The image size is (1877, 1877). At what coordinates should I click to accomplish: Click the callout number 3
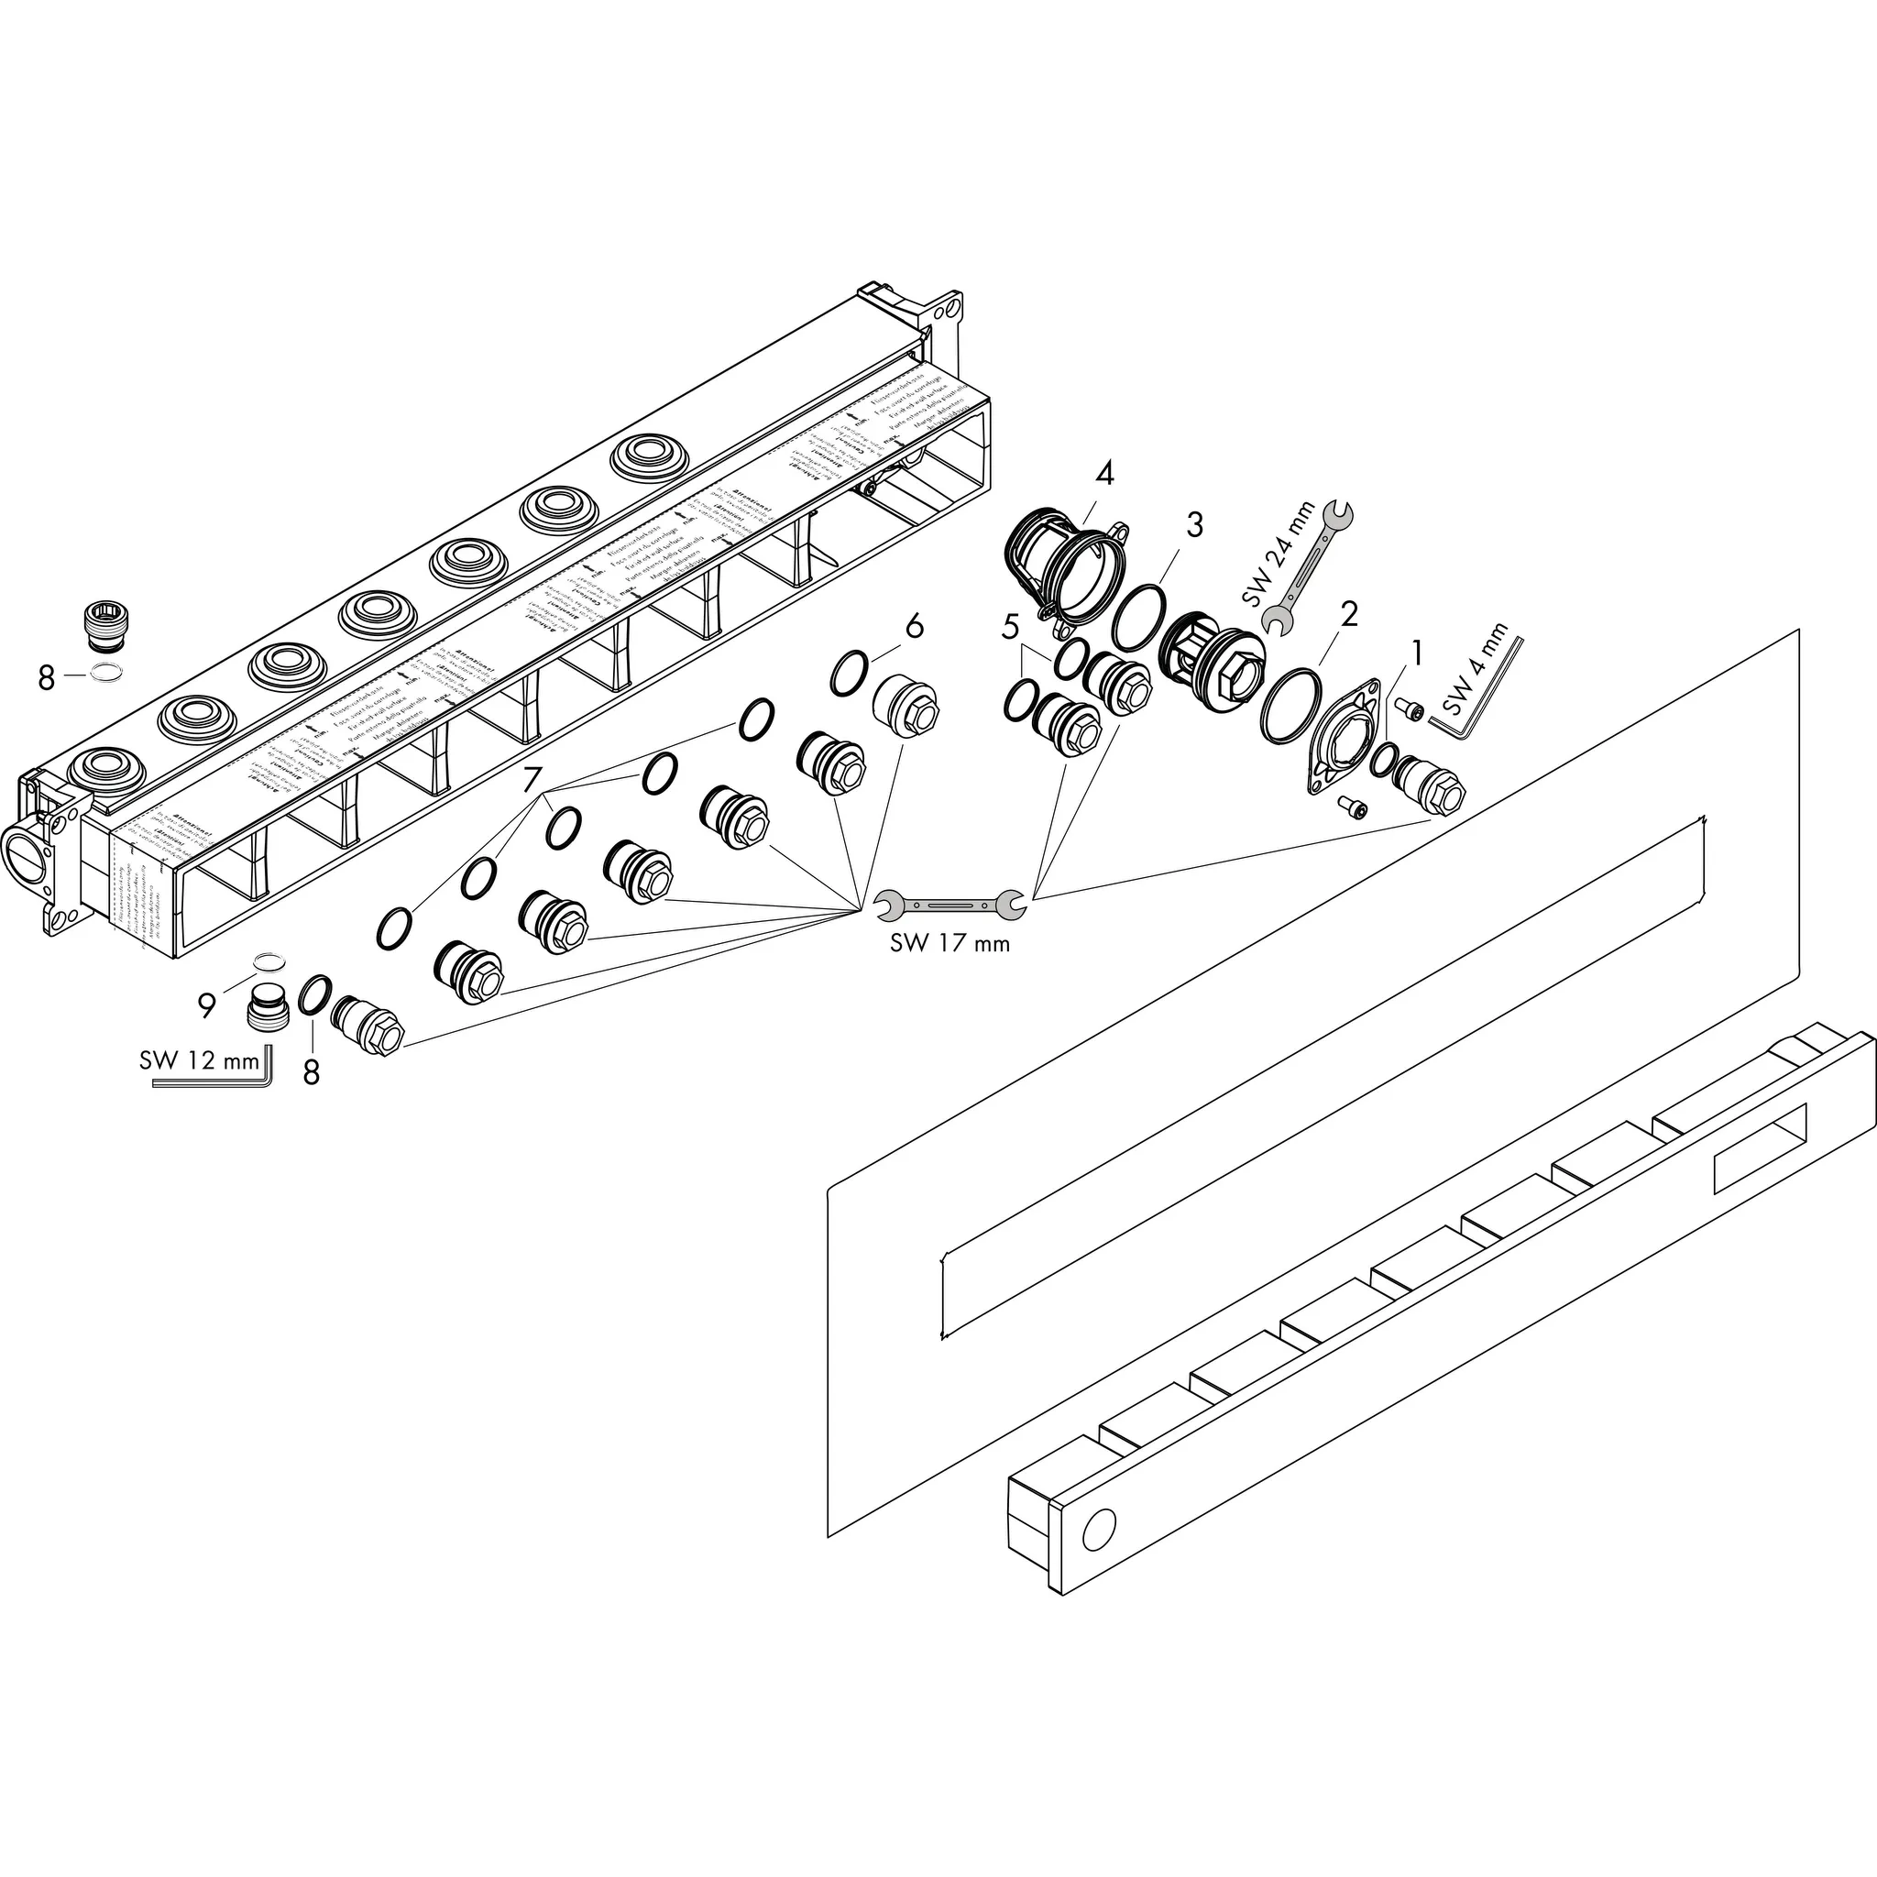tap(1194, 525)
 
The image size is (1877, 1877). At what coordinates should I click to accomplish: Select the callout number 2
tap(1347, 614)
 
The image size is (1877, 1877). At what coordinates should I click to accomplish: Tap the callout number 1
tap(1417, 653)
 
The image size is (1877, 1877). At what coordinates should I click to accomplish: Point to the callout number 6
tap(913, 627)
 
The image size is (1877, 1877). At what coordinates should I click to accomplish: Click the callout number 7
tap(531, 780)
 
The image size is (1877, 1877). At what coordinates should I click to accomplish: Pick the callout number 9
tap(206, 1006)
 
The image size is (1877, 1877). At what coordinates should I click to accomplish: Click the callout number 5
tap(1010, 628)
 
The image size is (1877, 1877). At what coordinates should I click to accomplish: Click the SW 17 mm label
tap(949, 943)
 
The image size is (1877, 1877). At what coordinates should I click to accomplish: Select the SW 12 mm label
tap(199, 1060)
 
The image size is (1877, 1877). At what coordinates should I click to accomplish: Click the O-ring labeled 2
tap(1291, 706)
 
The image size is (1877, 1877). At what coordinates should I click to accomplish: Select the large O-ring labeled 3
tap(1139, 619)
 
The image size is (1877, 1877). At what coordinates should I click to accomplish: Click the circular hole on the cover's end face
tap(1100, 1532)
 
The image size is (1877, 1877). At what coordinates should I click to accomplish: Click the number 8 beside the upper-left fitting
tap(47, 678)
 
